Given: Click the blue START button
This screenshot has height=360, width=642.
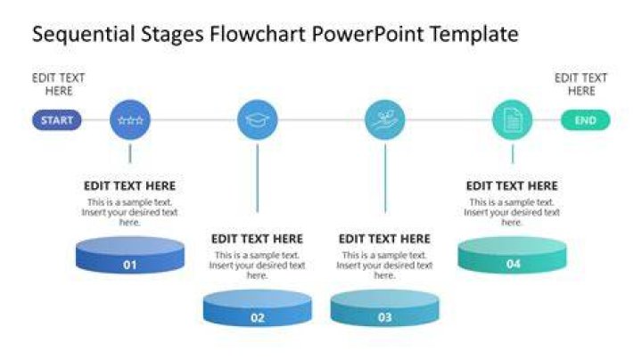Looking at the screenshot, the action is (x=57, y=120).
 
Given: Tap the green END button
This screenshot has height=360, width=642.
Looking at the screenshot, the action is (x=585, y=120).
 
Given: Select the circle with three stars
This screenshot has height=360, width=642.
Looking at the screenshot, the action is (x=130, y=120).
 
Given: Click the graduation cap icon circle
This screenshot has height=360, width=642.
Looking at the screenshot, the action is (x=258, y=120).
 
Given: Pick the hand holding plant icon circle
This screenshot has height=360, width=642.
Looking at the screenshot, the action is (x=385, y=120).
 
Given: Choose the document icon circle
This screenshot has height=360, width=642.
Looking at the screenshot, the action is (x=512, y=120).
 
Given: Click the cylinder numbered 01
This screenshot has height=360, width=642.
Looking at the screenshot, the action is (x=130, y=255).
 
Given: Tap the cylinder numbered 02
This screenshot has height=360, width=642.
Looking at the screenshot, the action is (x=258, y=307).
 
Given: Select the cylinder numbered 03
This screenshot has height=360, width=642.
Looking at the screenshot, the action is (x=385, y=307).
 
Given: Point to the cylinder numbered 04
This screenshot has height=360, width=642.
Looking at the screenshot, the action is (x=512, y=255).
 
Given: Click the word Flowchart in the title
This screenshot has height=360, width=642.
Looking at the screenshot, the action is (x=258, y=34).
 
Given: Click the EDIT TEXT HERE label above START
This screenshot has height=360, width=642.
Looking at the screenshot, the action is (x=59, y=85).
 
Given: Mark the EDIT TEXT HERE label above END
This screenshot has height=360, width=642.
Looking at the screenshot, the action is (x=581, y=85).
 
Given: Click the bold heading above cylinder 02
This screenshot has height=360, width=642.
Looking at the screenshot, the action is (x=257, y=239).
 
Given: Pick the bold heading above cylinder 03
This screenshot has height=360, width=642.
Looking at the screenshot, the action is (x=384, y=239).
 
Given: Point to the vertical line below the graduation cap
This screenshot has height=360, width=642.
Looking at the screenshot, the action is (x=258, y=178).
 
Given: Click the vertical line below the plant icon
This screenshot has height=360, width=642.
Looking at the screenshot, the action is (x=385, y=178).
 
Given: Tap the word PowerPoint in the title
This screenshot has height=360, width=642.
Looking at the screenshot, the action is (x=367, y=34).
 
